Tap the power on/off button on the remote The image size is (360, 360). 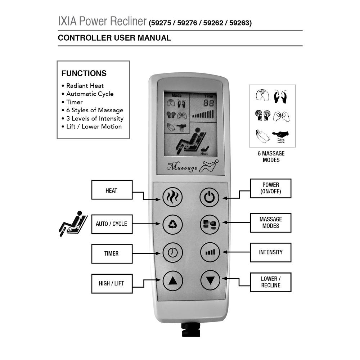[x=210, y=197]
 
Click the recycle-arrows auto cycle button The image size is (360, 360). [x=173, y=224]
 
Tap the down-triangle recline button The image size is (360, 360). [x=210, y=280]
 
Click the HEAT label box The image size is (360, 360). [x=112, y=190]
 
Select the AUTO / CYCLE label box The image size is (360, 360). [x=112, y=224]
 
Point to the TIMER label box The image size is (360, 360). [x=112, y=253]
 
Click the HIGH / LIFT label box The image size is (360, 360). [x=112, y=283]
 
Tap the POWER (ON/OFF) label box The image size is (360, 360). [x=271, y=189]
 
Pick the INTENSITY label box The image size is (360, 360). [x=271, y=252]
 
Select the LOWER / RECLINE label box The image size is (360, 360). [x=271, y=282]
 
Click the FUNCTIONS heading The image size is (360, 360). [x=84, y=73]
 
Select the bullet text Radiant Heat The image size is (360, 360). [x=85, y=86]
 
